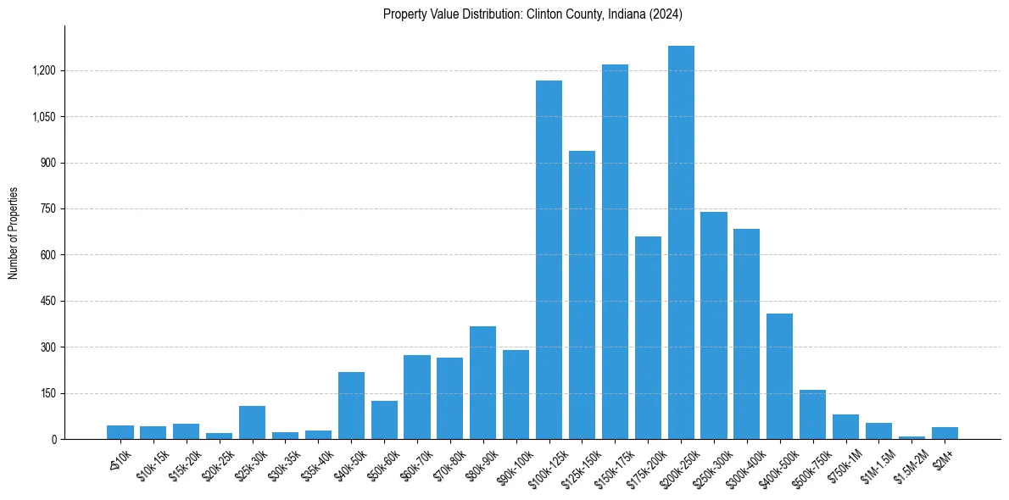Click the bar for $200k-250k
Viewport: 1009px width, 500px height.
tap(681, 242)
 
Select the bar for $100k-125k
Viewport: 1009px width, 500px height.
tap(549, 259)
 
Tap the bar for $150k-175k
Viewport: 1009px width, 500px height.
tap(615, 252)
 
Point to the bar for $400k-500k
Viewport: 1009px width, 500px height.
tap(779, 376)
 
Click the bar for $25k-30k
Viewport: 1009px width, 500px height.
tap(252, 423)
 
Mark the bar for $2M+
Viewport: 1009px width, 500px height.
tap(945, 433)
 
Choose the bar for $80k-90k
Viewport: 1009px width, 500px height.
tap(482, 383)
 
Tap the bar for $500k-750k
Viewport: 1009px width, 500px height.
tap(812, 414)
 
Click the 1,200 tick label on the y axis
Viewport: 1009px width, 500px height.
tap(44, 70)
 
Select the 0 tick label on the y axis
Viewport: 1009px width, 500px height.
tap(53, 439)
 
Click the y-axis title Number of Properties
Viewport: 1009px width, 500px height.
tap(13, 233)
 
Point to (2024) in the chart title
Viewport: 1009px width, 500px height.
tap(665, 14)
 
